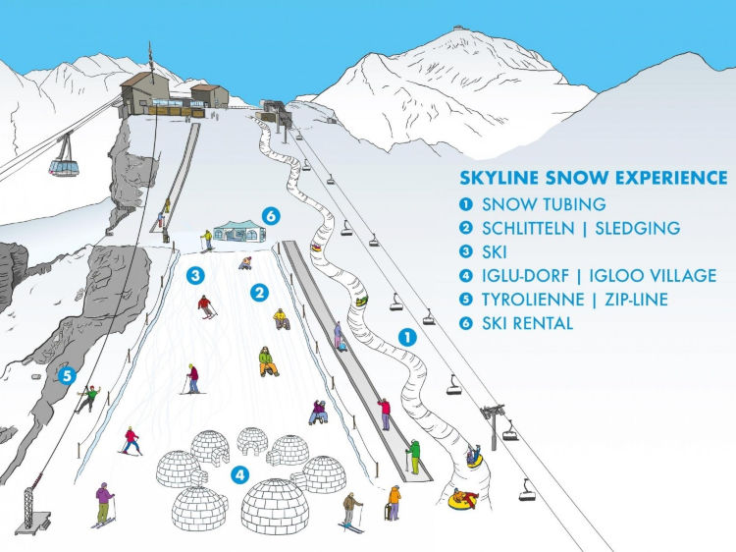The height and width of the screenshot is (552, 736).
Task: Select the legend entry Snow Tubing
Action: point(543,205)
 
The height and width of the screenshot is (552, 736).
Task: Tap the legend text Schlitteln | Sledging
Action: point(580,229)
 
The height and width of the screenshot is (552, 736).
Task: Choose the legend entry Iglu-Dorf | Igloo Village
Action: point(599,276)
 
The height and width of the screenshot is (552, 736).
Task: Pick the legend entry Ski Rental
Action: point(527,323)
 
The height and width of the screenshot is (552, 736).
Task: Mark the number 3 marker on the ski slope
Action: point(197,275)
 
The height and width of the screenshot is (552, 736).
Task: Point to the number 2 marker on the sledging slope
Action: point(259,292)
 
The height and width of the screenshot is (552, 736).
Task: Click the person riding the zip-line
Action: point(89,397)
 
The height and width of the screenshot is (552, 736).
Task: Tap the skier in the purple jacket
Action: point(104,502)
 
